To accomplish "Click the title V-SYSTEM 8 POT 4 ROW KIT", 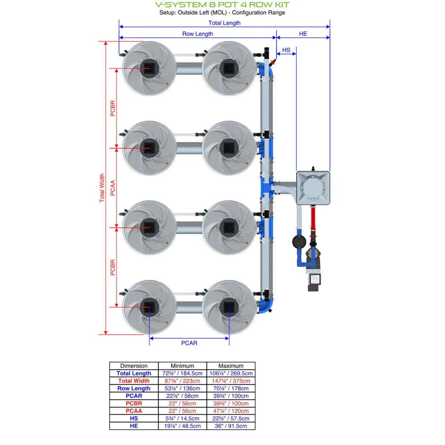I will (222, 5).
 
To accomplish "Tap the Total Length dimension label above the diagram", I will (224, 23).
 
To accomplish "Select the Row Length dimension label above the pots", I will (198, 34).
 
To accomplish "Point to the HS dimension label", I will (286, 50).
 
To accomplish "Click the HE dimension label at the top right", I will (303, 34).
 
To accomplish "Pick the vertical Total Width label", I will (102, 188).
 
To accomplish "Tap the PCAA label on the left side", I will (113, 188).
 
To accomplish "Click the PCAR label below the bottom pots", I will (189, 343).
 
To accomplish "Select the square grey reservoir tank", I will (313, 188).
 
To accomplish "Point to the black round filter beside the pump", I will (299, 242).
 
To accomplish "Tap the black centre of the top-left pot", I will (149, 68).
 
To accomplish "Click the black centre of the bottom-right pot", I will (229, 307).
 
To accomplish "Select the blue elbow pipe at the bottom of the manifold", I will (265, 306).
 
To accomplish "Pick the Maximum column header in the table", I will (231, 366).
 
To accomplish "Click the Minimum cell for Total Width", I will (182, 381).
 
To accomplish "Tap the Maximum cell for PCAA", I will (231, 411).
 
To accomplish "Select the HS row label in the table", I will (134, 418).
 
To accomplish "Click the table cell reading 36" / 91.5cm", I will (231, 426).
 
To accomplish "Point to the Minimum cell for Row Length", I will (182, 388).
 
